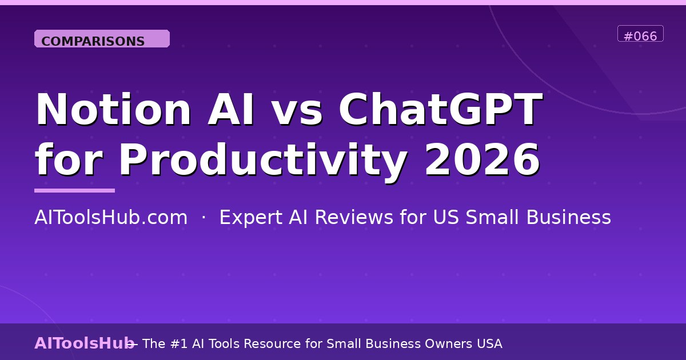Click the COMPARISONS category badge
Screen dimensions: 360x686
point(102,39)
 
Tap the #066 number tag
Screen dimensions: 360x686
point(640,35)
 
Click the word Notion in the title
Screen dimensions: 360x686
point(113,110)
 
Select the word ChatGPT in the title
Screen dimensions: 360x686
point(441,110)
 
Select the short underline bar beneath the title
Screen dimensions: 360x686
point(74,190)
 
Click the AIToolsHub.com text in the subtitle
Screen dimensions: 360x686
point(111,218)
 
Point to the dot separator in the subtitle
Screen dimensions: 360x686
point(204,218)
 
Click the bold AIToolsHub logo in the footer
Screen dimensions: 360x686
point(84,343)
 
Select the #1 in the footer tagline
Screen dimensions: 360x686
point(180,343)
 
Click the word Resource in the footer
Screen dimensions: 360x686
point(293,343)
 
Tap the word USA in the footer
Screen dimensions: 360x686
point(488,343)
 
